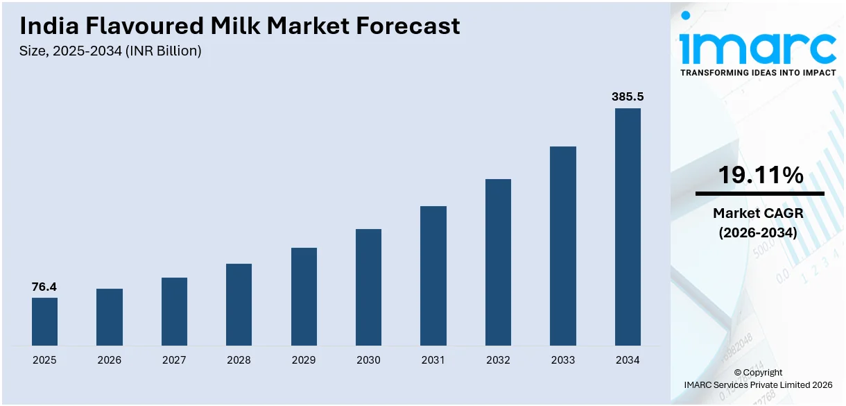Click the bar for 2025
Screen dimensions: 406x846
pos(44,321)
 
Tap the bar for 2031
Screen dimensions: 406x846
pos(433,276)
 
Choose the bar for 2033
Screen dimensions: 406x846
pos(563,246)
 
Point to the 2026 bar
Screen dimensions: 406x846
pos(110,317)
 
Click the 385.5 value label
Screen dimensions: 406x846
pos(628,97)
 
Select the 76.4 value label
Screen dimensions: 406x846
pos(44,287)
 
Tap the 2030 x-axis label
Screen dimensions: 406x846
pos(368,360)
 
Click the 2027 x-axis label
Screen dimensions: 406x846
pos(174,360)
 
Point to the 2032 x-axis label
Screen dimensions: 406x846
pos(498,360)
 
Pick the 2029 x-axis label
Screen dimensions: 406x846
pos(304,360)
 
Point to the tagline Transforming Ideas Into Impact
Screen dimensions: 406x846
pos(758,72)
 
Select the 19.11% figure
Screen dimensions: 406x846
pos(760,175)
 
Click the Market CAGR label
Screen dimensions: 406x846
pos(758,214)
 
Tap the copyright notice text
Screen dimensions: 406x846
pos(758,378)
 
